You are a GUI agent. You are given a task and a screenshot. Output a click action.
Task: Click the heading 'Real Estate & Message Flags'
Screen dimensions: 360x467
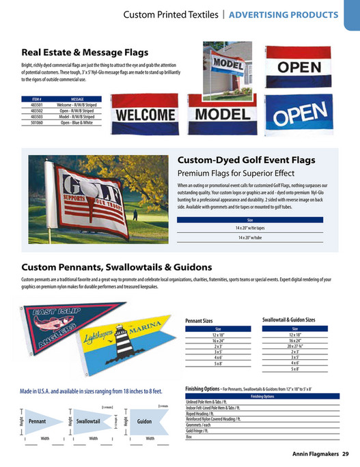(85, 52)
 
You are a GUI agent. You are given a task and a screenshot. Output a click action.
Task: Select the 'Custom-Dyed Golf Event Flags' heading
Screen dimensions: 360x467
(246, 160)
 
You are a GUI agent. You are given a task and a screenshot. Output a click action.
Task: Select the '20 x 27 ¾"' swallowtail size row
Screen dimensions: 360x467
(295, 346)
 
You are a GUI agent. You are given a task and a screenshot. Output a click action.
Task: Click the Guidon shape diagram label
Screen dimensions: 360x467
(144, 421)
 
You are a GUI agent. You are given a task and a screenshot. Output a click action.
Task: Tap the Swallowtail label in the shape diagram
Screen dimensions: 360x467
(89, 421)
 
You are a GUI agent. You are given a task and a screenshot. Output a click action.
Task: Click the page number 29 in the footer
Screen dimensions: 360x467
(346, 453)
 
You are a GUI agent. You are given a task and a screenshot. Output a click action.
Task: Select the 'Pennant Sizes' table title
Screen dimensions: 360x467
(199, 320)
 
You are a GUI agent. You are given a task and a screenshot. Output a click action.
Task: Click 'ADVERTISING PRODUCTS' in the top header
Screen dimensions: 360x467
(283, 15)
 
